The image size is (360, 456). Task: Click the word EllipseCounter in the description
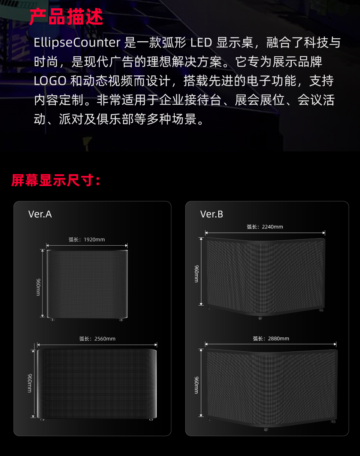[76, 43]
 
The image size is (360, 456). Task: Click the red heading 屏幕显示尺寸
[55, 180]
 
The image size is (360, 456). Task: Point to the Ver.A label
[40, 214]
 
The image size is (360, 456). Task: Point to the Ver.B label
[211, 214]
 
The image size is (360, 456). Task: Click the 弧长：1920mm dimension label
[87, 240]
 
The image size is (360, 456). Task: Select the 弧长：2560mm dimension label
[97, 339]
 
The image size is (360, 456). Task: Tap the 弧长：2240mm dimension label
[265, 227]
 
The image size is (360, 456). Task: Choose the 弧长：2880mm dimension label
[271, 339]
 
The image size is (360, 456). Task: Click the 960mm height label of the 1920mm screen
[38, 287]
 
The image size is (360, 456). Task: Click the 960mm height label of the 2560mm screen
[29, 383]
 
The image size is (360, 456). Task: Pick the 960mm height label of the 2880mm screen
[196, 385]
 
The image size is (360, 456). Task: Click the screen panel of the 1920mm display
[87, 284]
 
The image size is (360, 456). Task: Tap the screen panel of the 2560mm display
[97, 383]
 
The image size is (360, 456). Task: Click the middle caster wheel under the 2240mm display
[260, 318]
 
